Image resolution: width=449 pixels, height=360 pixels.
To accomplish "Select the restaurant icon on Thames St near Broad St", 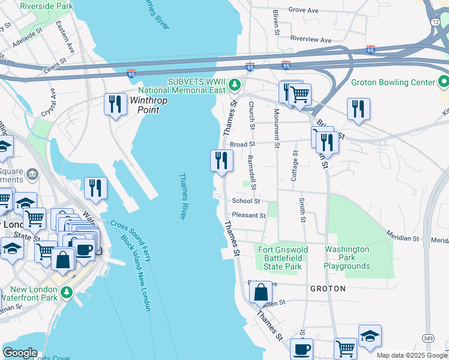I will pos(221,160).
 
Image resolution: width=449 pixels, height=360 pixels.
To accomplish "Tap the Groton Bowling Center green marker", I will pos(444,81).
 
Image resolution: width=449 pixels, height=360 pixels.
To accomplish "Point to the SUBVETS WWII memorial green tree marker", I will pos(237,85).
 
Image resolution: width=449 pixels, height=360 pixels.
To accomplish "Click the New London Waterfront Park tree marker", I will pos(67,292).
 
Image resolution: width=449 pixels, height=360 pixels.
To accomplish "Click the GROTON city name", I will pos(328,289).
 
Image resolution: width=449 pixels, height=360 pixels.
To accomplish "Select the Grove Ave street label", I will pos(303,10).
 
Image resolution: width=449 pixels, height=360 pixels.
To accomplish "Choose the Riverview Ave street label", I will pos(310,40).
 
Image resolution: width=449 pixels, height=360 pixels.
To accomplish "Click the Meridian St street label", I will pos(402,237).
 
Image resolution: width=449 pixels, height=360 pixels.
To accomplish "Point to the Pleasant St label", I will pos(249,215).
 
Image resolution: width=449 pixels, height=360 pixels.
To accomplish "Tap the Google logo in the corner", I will pos(20,353).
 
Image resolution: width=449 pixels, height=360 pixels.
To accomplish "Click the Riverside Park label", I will pos(46,6).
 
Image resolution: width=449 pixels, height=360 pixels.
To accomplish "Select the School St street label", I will pos(246,201).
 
